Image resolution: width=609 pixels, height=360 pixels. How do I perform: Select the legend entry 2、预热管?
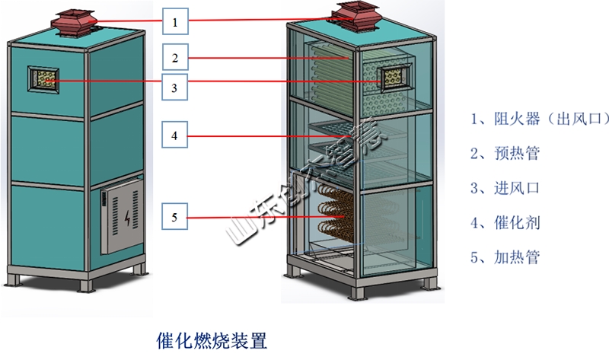[x=505, y=153]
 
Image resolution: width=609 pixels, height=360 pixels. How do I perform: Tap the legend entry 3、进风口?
[x=505, y=188]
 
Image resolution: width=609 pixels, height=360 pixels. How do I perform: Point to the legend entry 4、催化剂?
[x=505, y=223]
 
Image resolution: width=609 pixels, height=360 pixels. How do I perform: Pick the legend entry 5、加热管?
[x=505, y=257]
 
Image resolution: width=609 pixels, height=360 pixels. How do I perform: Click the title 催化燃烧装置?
[x=212, y=339]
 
